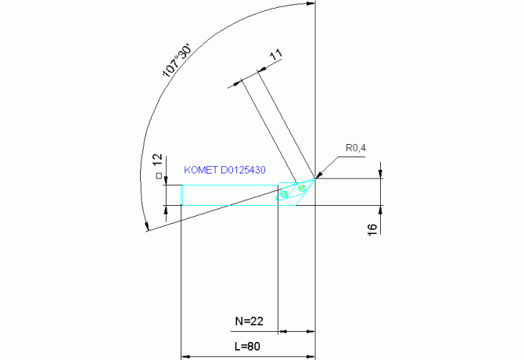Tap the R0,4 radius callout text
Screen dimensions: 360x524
click(357, 147)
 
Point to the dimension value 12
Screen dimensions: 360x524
click(157, 160)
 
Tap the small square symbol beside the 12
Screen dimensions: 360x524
click(158, 176)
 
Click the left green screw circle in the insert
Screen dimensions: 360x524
click(285, 193)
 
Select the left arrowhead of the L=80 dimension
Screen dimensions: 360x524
click(185, 354)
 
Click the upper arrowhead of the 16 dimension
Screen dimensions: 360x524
click(381, 174)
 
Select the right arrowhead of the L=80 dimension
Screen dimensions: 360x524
click(311, 354)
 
